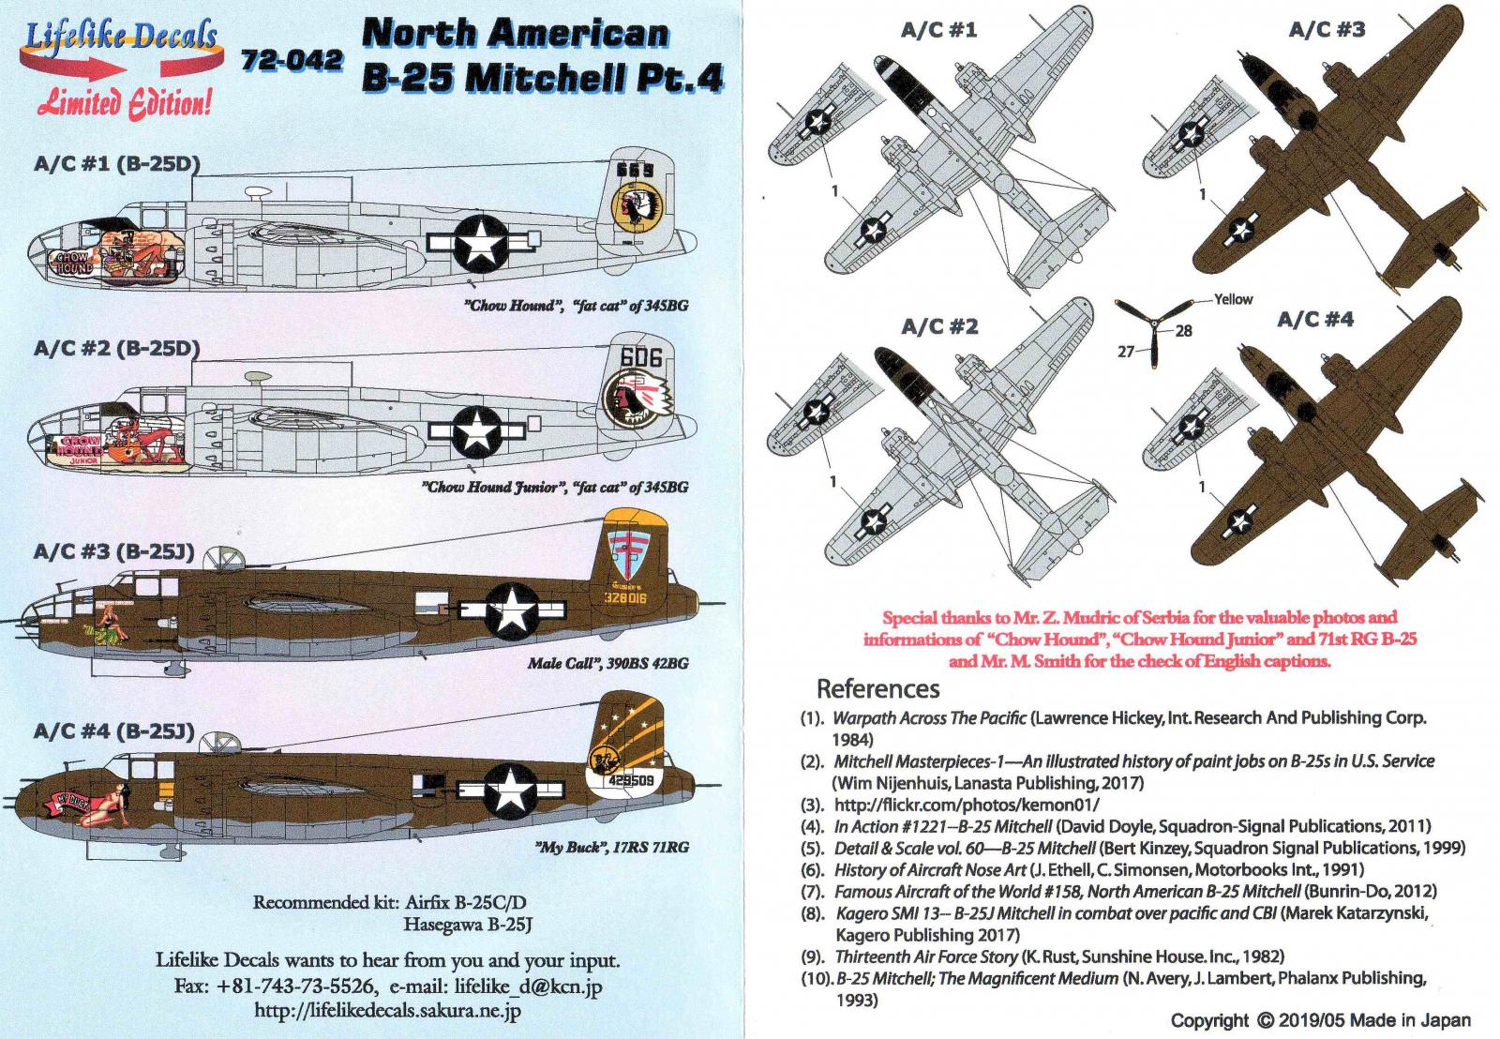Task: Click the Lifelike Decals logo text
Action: pyautogui.click(x=120, y=38)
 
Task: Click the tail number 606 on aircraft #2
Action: pyautogui.click(x=640, y=357)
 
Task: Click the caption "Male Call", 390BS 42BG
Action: pyautogui.click(x=607, y=663)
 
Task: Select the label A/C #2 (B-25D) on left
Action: pyautogui.click(x=116, y=349)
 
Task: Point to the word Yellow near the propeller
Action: pyautogui.click(x=1233, y=299)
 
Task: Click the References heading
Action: pyautogui.click(x=877, y=688)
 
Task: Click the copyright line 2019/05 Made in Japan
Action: pyautogui.click(x=1320, y=1020)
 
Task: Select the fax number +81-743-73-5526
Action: pyautogui.click(x=296, y=986)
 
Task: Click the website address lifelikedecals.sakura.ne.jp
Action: pyautogui.click(x=388, y=1011)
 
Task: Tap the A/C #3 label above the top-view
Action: pyautogui.click(x=1327, y=30)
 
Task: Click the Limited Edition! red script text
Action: pyautogui.click(x=123, y=102)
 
